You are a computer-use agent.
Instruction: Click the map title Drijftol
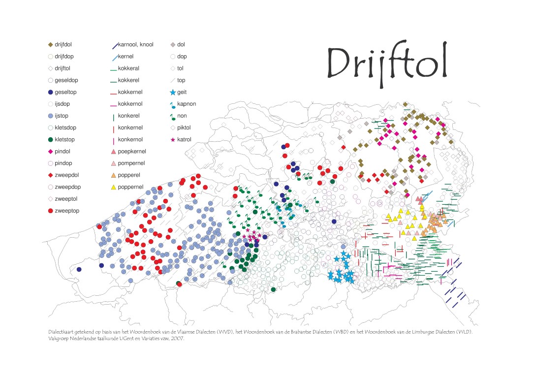(x=387, y=63)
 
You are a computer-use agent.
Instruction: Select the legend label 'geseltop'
(x=65, y=92)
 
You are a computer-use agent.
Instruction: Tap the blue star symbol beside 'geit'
(x=173, y=92)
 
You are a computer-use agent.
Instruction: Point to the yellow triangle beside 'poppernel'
(x=114, y=187)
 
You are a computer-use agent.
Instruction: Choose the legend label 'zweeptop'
(x=67, y=211)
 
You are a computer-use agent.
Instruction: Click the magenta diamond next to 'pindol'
(x=51, y=152)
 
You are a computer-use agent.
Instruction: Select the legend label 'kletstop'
(x=64, y=139)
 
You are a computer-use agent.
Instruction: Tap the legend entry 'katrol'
(x=184, y=139)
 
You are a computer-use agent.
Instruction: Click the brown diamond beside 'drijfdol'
(x=51, y=45)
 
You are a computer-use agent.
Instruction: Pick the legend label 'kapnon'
(x=187, y=104)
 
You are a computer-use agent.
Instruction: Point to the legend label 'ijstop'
(x=62, y=116)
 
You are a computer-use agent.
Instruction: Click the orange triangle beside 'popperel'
(x=114, y=175)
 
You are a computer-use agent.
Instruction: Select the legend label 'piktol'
(x=184, y=127)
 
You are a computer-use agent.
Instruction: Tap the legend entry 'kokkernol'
(x=130, y=104)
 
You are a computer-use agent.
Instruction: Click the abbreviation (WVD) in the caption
(x=225, y=332)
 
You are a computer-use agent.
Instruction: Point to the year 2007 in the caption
(x=177, y=339)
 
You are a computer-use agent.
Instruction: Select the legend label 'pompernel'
(x=131, y=163)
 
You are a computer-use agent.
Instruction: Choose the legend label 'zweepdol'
(x=67, y=175)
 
